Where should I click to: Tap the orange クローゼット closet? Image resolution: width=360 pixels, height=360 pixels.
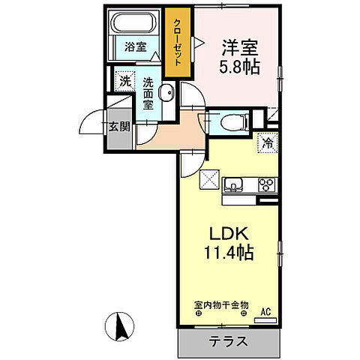178,44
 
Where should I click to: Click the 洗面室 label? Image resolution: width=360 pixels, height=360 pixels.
148,94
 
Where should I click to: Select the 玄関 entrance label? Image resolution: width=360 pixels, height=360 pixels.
119,126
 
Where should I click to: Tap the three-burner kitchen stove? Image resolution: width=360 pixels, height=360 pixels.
266,183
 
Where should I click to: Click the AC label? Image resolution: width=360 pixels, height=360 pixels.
265,311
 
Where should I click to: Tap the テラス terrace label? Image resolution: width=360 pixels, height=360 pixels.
228,340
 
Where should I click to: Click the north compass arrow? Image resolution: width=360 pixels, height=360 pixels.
118,327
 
